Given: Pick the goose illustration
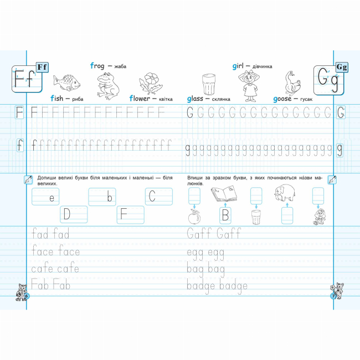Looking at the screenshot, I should point(291,84).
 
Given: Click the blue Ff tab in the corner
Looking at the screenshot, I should point(42,68).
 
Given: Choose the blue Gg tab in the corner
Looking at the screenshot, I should point(341,68).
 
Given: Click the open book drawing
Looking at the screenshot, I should point(224,194).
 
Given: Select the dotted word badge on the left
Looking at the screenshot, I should point(198,285).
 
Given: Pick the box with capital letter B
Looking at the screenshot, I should point(225,215).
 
